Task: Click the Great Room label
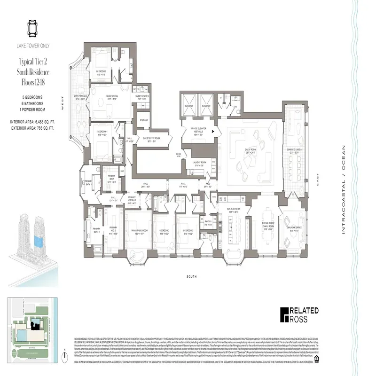pos(246,151)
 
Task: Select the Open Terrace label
pos(79,98)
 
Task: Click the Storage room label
pos(143,120)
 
